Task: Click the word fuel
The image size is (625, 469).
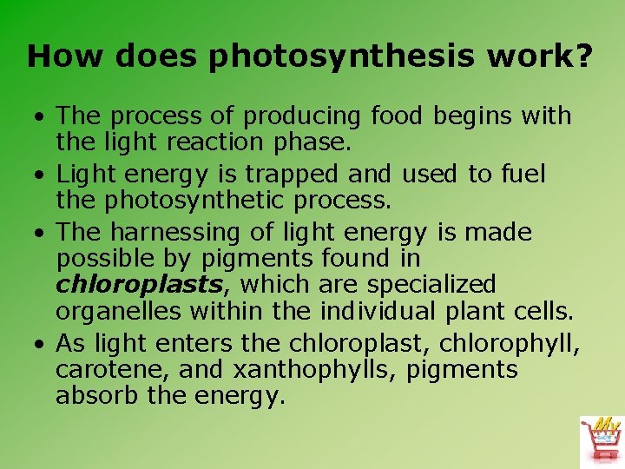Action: [x=523, y=175]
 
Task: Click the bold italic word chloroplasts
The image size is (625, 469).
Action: [x=145, y=284]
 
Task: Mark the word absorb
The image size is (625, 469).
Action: [x=91, y=395]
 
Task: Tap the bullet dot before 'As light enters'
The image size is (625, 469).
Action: [x=40, y=344]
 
